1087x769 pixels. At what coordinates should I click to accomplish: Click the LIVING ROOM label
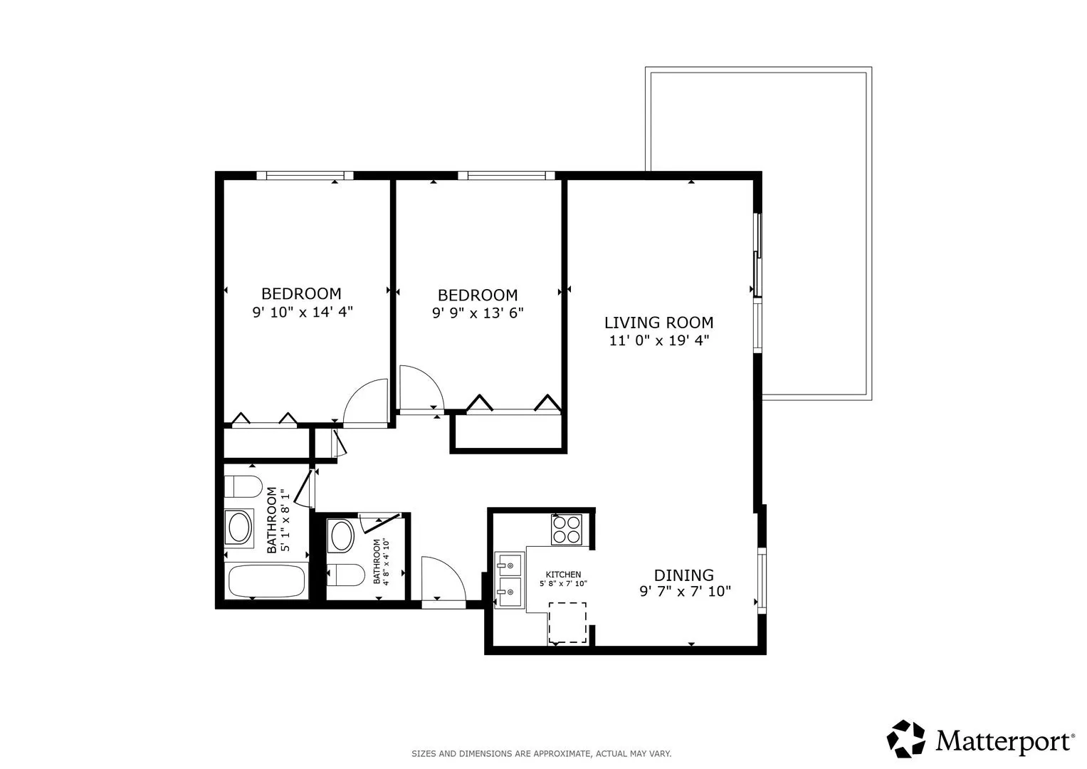(x=658, y=323)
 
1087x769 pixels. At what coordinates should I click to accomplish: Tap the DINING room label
(x=684, y=575)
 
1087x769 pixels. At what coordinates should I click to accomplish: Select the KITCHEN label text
(x=563, y=575)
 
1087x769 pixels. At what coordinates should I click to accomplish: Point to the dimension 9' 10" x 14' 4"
(x=303, y=312)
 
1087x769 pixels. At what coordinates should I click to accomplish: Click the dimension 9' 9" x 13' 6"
(x=478, y=313)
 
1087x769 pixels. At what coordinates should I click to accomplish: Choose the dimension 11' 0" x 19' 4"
(x=659, y=341)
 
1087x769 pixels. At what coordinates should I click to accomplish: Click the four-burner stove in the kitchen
(x=567, y=530)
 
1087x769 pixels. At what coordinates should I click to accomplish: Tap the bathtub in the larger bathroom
(x=266, y=581)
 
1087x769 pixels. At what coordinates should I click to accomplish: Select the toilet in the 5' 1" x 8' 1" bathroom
(x=243, y=486)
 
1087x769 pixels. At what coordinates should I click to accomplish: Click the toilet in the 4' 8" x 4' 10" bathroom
(x=345, y=575)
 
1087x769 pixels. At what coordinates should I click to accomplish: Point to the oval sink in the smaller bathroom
(x=341, y=536)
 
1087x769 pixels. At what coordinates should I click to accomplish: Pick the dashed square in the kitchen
(x=567, y=623)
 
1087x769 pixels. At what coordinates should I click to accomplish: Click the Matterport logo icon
(x=905, y=739)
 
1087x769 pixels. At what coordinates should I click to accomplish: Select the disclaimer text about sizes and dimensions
(x=542, y=754)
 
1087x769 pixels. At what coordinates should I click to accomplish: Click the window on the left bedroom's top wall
(x=305, y=176)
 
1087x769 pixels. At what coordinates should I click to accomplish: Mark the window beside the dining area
(x=762, y=580)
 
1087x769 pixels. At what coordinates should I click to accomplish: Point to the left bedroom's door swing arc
(x=366, y=402)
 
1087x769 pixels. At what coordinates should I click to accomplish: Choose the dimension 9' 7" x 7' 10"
(x=686, y=591)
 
